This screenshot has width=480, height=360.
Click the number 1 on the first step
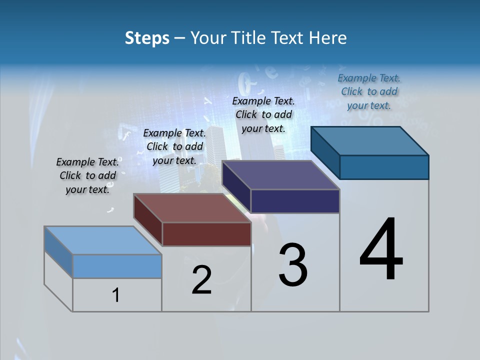pyautogui.click(x=116, y=295)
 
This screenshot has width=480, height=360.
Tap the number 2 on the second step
pyautogui.click(x=201, y=280)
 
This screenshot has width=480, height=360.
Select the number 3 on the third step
pyautogui.click(x=293, y=265)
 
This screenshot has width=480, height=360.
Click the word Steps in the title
pyautogui.click(x=147, y=38)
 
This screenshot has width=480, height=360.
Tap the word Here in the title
pyautogui.click(x=327, y=38)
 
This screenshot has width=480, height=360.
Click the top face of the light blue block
pyautogui.click(x=103, y=240)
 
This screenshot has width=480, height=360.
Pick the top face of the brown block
pyautogui.click(x=192, y=208)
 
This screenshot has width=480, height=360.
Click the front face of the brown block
pyautogui.click(x=206, y=234)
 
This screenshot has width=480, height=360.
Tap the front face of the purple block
pyautogui.click(x=295, y=201)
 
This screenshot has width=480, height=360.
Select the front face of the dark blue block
pyautogui.click(x=384, y=167)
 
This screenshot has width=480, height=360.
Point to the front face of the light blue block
pyautogui.click(x=117, y=266)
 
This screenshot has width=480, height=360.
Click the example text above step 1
pyautogui.click(x=87, y=175)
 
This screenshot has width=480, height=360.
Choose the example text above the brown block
pyautogui.click(x=174, y=146)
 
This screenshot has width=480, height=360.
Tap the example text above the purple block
pyautogui.click(x=263, y=114)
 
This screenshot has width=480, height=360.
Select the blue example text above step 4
pyautogui.click(x=369, y=91)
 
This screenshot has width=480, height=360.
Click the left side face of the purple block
pyautogui.click(x=236, y=186)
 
